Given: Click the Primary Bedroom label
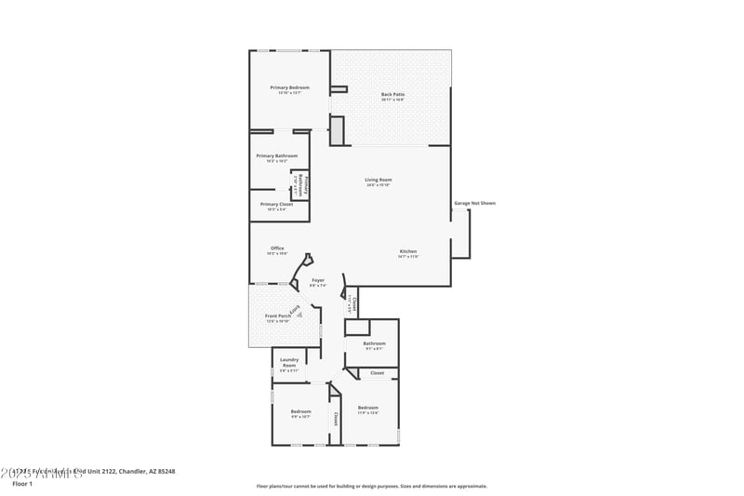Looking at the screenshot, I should coord(289,87).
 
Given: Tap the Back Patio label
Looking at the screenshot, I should coord(392,94).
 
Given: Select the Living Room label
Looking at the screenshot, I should coord(378,180).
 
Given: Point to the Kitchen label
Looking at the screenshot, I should coord(407,251).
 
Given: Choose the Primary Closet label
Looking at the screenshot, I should coord(277,204).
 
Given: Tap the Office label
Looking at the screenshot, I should coord(277,248).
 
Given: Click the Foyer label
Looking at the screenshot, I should coord(318,279).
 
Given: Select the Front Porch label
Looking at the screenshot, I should coord(276,316).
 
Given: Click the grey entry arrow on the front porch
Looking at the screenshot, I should coord(299,315).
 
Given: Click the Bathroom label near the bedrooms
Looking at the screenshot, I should coord(372,343).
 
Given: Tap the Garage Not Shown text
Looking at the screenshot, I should coord(474,203).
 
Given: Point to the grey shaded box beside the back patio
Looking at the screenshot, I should coord(338,130).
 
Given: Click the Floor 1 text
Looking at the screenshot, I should coord(22,484).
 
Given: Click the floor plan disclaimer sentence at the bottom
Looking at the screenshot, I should coord(371,486).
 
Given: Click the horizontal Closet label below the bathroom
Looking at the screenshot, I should coord(377,373).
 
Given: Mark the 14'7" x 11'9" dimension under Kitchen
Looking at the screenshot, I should coord(407,257).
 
